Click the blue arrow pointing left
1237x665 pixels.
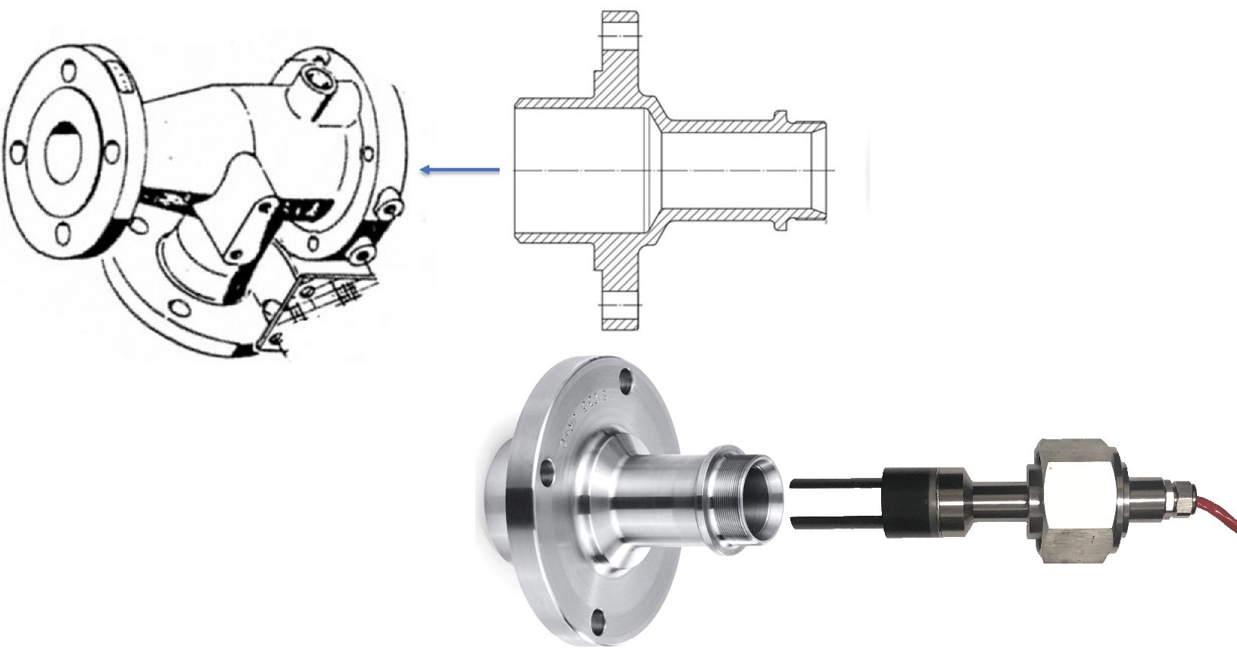click(459, 170)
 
